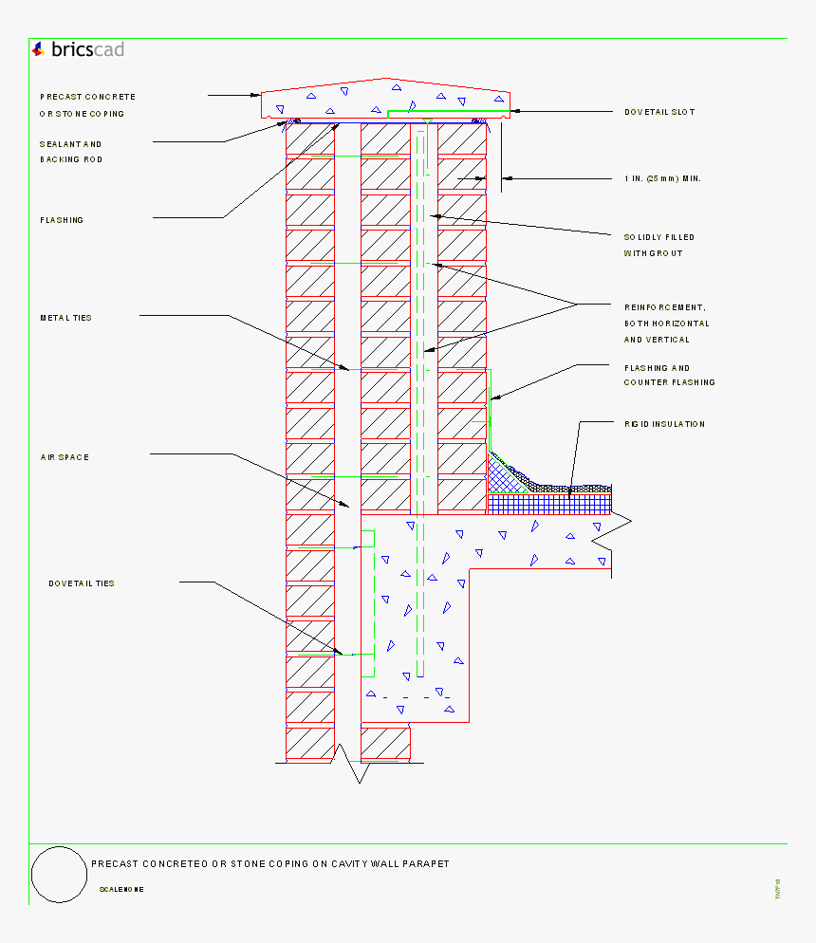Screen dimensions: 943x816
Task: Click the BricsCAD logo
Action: (77, 49)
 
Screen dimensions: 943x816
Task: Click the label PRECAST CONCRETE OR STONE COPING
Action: (87, 105)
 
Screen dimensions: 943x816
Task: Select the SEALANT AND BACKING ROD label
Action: (71, 152)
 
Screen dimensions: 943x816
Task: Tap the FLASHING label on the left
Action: (62, 220)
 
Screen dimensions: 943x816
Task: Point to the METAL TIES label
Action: (66, 318)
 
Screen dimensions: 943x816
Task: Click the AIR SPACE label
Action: (65, 457)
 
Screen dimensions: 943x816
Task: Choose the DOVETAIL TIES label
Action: (82, 583)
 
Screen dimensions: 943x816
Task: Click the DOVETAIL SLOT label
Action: (659, 112)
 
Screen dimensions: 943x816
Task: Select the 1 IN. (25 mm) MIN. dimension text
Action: (662, 178)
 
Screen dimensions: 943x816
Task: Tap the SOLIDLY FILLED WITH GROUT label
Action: (658, 245)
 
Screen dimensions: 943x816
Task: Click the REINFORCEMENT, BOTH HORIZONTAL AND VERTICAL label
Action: (666, 324)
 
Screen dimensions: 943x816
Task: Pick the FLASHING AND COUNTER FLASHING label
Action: (669, 375)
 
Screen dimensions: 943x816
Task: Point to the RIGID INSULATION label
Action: (664, 424)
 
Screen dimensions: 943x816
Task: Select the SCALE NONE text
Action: (121, 890)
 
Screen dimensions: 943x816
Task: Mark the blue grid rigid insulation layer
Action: (550, 503)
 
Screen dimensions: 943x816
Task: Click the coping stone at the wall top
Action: (385, 99)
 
